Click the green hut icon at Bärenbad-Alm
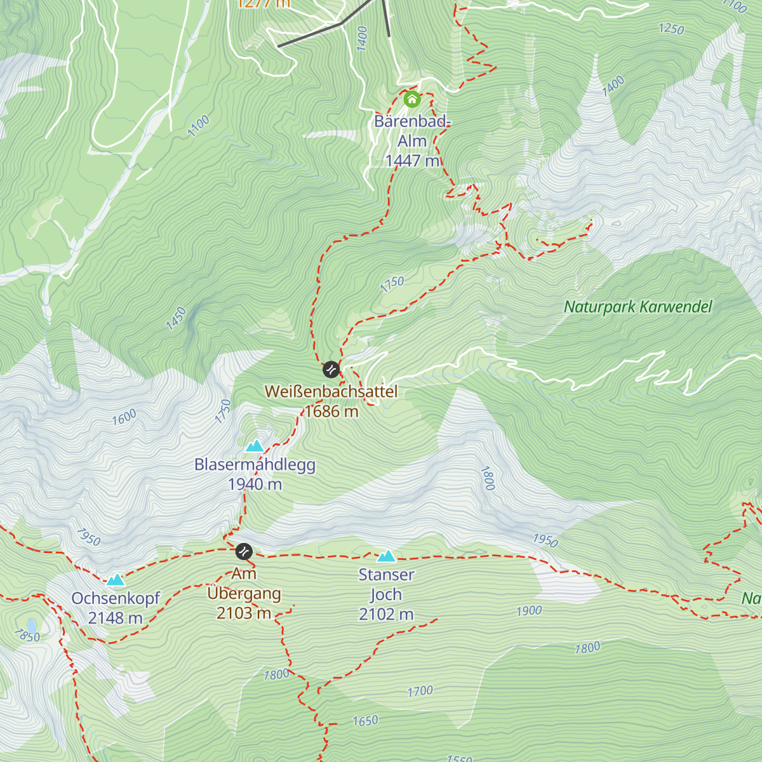(x=412, y=99)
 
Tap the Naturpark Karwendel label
(x=638, y=307)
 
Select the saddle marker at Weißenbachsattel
(x=331, y=369)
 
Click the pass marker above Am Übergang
(x=244, y=551)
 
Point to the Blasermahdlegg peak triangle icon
(x=255, y=446)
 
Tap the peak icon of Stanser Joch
(x=386, y=557)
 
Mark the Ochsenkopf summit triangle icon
(x=115, y=580)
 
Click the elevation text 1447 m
(x=412, y=161)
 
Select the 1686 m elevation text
(x=331, y=411)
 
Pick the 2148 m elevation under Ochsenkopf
(x=115, y=618)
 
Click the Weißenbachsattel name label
(x=331, y=392)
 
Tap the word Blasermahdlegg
(x=255, y=465)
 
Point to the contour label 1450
(x=177, y=319)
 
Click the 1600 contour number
(x=124, y=417)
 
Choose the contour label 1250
(x=671, y=29)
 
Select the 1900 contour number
(x=528, y=611)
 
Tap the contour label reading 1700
(x=420, y=691)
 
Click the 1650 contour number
(x=365, y=721)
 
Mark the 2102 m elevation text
(x=386, y=615)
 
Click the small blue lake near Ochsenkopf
(x=32, y=627)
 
